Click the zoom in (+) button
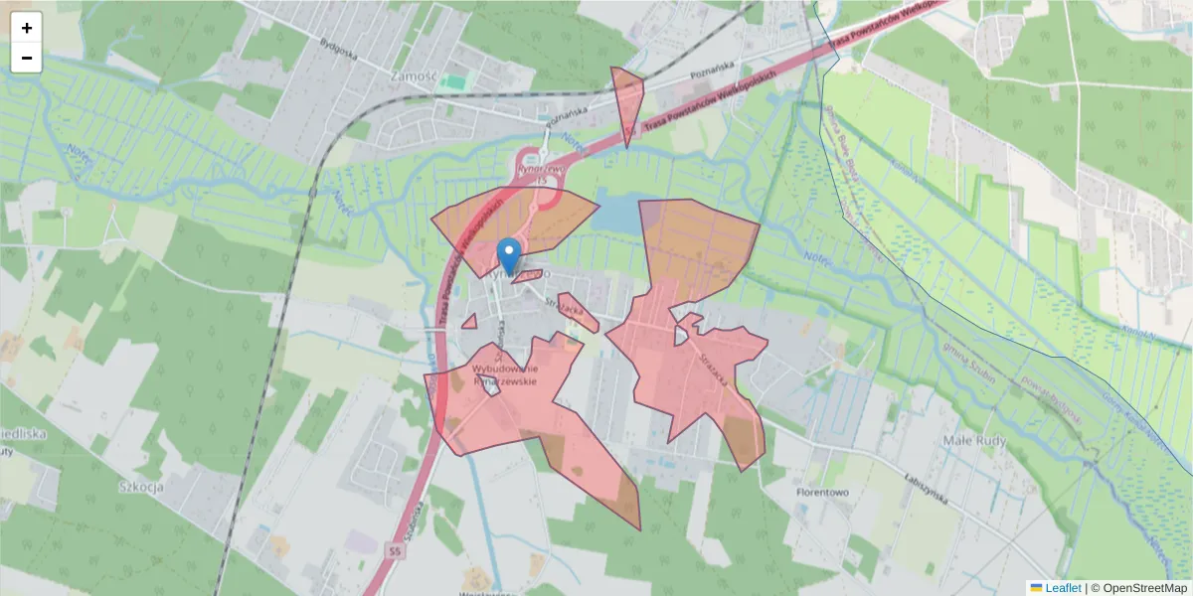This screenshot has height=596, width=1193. [27, 28]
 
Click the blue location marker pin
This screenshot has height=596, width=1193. [509, 255]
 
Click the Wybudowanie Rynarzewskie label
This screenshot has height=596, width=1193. [504, 373]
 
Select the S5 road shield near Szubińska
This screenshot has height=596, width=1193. [396, 549]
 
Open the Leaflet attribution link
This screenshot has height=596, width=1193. [1063, 588]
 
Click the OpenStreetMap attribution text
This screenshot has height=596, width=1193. [1138, 588]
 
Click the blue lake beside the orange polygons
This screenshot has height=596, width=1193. [614, 212]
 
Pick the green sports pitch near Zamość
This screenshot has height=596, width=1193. [454, 81]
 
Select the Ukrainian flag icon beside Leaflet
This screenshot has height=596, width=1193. [1036, 588]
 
